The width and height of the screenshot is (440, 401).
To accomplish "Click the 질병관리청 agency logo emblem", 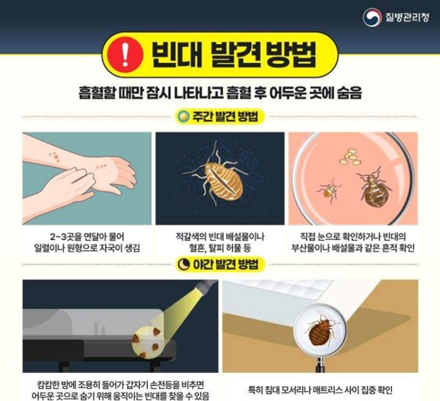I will tap(371, 15).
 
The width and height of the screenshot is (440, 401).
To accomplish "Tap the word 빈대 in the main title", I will tap(174, 53).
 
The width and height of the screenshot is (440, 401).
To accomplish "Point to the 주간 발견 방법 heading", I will tap(227, 117).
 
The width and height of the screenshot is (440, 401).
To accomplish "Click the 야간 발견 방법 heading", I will tap(227, 264).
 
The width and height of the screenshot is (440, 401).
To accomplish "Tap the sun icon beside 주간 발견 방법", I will tap(183, 117).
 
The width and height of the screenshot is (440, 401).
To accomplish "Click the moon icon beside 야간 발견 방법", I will tap(183, 264).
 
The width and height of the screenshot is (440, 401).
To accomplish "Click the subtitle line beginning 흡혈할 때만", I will tap(219, 93).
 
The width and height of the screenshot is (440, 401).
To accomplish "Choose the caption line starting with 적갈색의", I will tap(220, 235).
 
